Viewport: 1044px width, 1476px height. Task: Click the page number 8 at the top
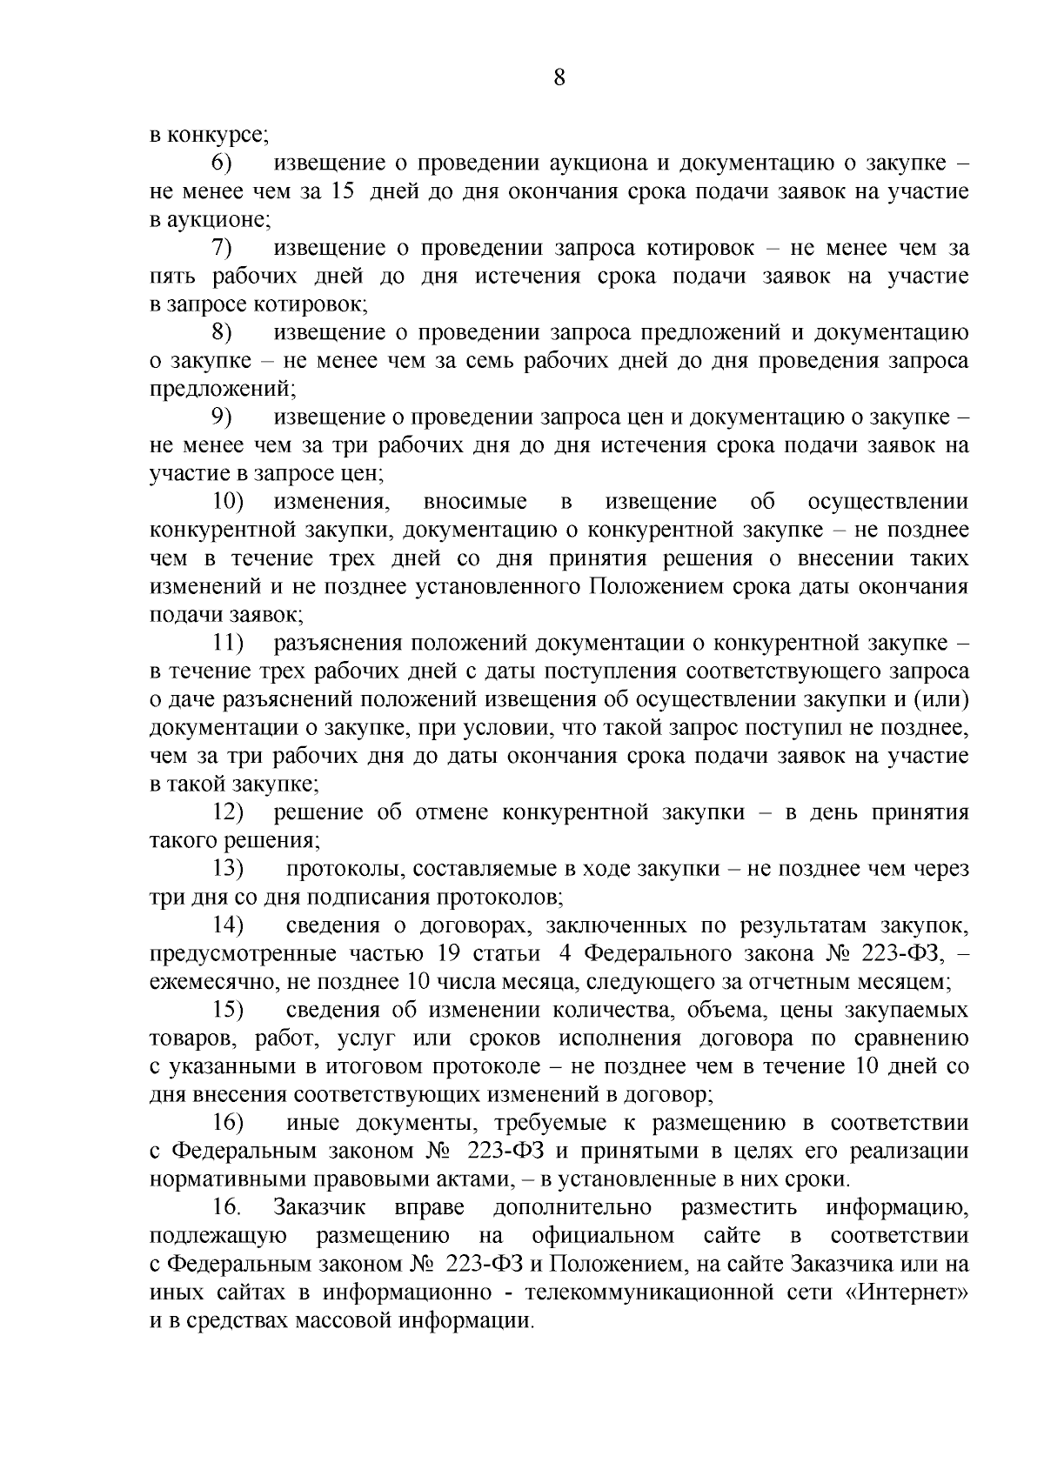pyautogui.click(x=559, y=78)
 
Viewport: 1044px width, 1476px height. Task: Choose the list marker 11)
pyautogui.click(x=228, y=643)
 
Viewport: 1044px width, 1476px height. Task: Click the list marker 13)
pyautogui.click(x=228, y=868)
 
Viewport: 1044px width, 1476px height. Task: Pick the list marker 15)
pyautogui.click(x=228, y=1010)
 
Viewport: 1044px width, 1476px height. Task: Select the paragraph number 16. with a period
pyautogui.click(x=225, y=1208)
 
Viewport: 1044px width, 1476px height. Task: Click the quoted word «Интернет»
pyautogui.click(x=907, y=1292)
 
